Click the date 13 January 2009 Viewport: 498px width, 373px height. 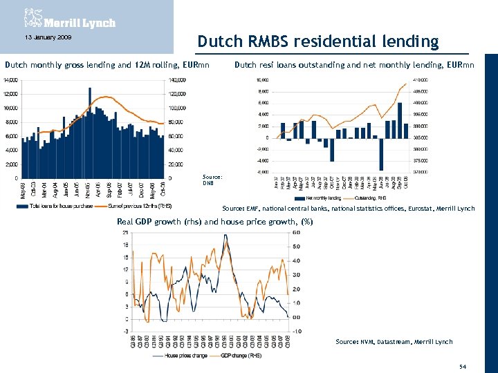pos(44,37)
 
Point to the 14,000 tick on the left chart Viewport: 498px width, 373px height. pos(10,80)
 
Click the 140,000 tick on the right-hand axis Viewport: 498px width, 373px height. pos(177,80)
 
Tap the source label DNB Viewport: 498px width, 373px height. pos(207,184)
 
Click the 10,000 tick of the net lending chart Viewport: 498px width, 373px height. pos(263,80)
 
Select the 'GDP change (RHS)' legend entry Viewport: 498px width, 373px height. pos(242,356)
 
